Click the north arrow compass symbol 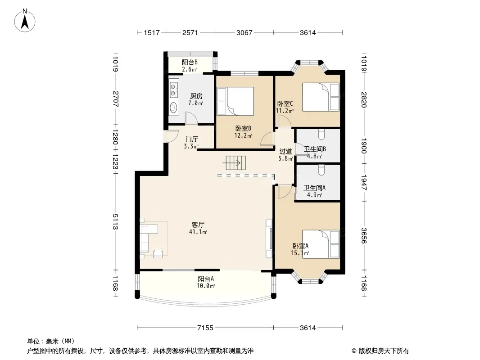tap(25, 21)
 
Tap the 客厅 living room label tap(198, 225)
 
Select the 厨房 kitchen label tap(196, 96)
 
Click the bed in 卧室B tap(235, 101)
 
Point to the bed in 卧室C tap(321, 97)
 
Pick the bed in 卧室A tap(321, 244)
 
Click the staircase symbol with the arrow tap(236, 163)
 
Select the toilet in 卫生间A tap(321, 170)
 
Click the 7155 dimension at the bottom tap(205, 328)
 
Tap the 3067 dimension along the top tap(245, 32)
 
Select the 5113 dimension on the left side tap(115, 222)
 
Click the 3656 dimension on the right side tap(364, 235)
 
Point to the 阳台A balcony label tap(206, 279)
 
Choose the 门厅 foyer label tap(192, 139)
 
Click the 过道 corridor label tap(285, 151)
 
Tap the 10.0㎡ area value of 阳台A tap(206, 286)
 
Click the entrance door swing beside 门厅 tap(172, 136)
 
